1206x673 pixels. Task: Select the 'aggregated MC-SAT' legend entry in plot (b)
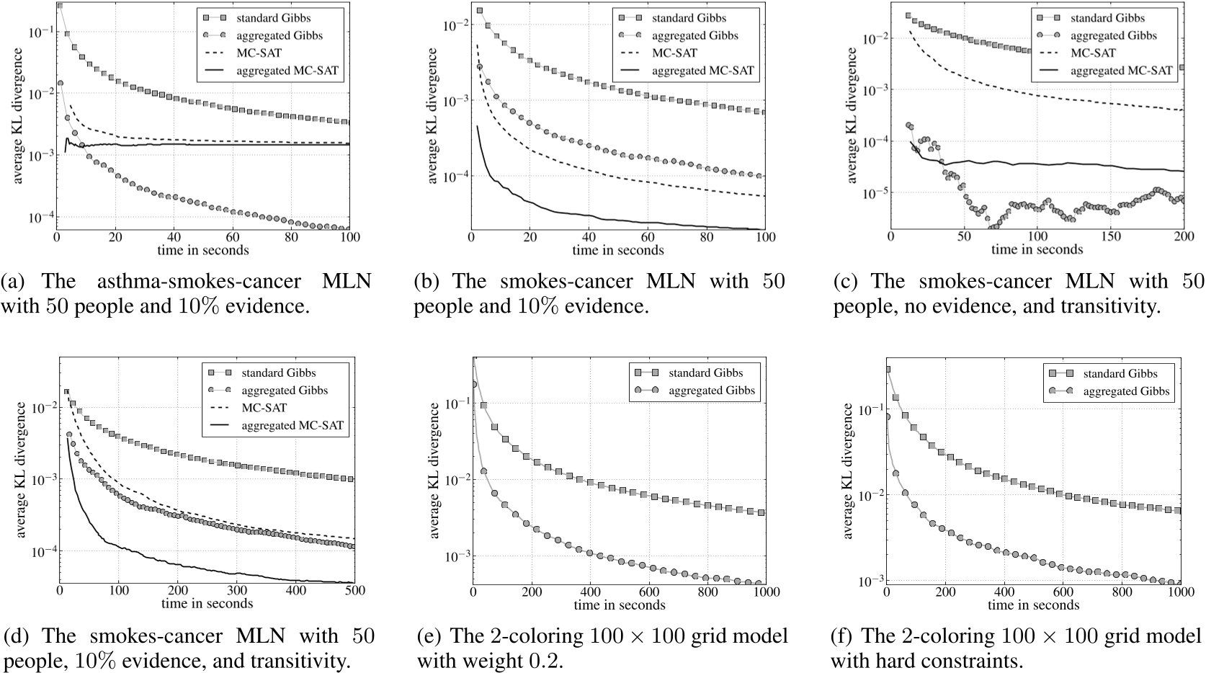coord(702,70)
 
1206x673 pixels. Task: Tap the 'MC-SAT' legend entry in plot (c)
coord(1092,53)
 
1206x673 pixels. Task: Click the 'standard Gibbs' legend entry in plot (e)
coord(705,373)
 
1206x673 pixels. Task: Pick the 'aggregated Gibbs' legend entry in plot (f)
coord(1126,391)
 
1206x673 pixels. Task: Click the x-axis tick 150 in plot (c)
coord(1110,236)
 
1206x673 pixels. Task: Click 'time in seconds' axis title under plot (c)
coord(1037,249)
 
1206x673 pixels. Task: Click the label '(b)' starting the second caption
coord(428,280)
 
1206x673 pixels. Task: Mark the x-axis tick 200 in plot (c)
coord(1183,236)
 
